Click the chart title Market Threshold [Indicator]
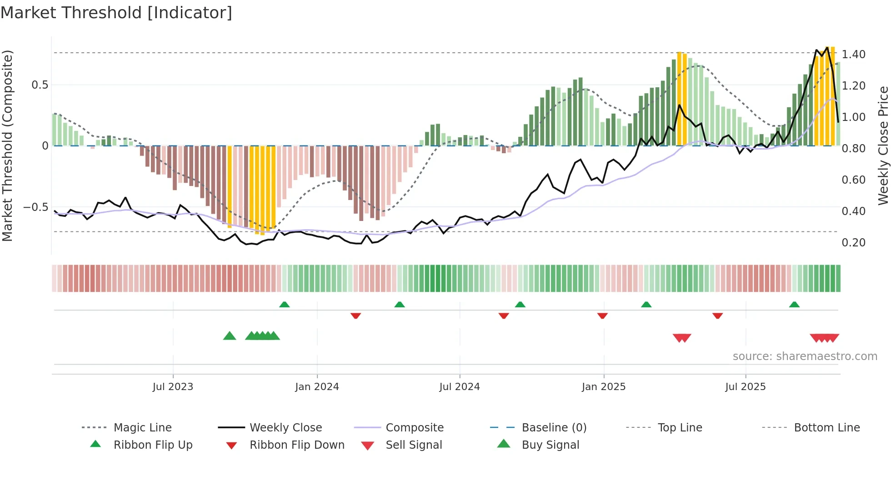click(116, 13)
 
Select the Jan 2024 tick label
click(317, 387)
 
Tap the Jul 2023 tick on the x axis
click(173, 387)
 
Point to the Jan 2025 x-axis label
click(604, 387)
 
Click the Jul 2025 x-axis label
click(746, 387)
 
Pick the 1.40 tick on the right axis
click(853, 55)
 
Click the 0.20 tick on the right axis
click(853, 243)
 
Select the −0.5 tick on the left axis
click(36, 207)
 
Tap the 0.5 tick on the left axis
click(40, 85)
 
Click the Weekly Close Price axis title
click(883, 145)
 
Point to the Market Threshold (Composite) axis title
click(7, 145)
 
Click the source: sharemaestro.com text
click(805, 356)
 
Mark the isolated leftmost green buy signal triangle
click(230, 336)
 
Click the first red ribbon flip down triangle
click(355, 316)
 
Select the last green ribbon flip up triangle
click(794, 305)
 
